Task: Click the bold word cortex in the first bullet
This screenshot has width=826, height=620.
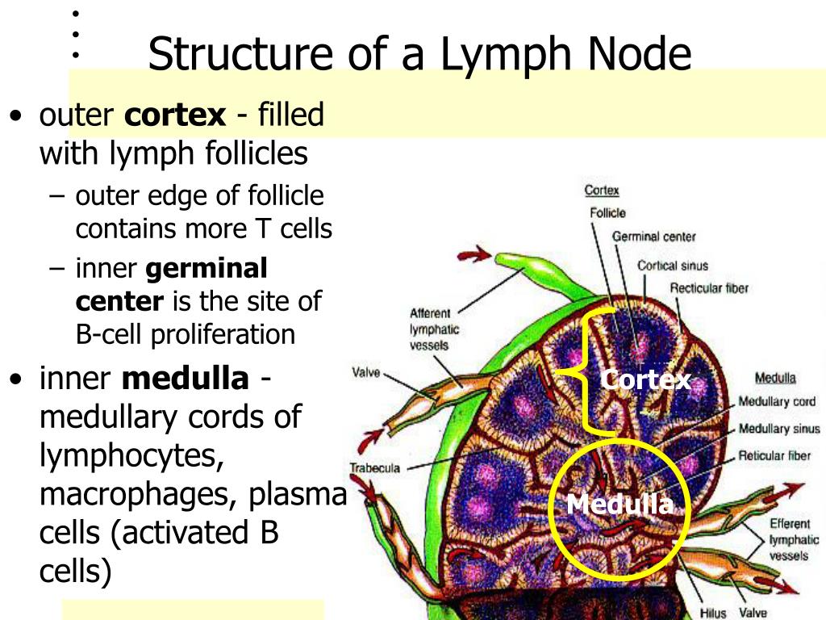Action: tap(175, 115)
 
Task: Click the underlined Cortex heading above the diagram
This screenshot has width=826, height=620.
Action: tap(601, 191)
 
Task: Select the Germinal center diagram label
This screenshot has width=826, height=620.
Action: tap(653, 237)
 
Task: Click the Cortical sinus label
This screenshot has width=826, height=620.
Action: tap(672, 265)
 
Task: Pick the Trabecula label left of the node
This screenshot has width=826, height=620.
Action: tap(374, 467)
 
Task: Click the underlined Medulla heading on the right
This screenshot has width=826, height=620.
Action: tap(775, 378)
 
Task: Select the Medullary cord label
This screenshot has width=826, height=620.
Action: tap(777, 402)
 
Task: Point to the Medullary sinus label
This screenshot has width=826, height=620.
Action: tap(778, 429)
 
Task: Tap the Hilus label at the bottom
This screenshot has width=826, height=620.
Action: tap(713, 613)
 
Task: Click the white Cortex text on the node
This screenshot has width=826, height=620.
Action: tap(646, 380)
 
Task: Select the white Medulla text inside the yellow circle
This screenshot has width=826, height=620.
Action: tap(619, 505)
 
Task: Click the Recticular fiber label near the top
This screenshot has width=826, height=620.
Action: tap(709, 289)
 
